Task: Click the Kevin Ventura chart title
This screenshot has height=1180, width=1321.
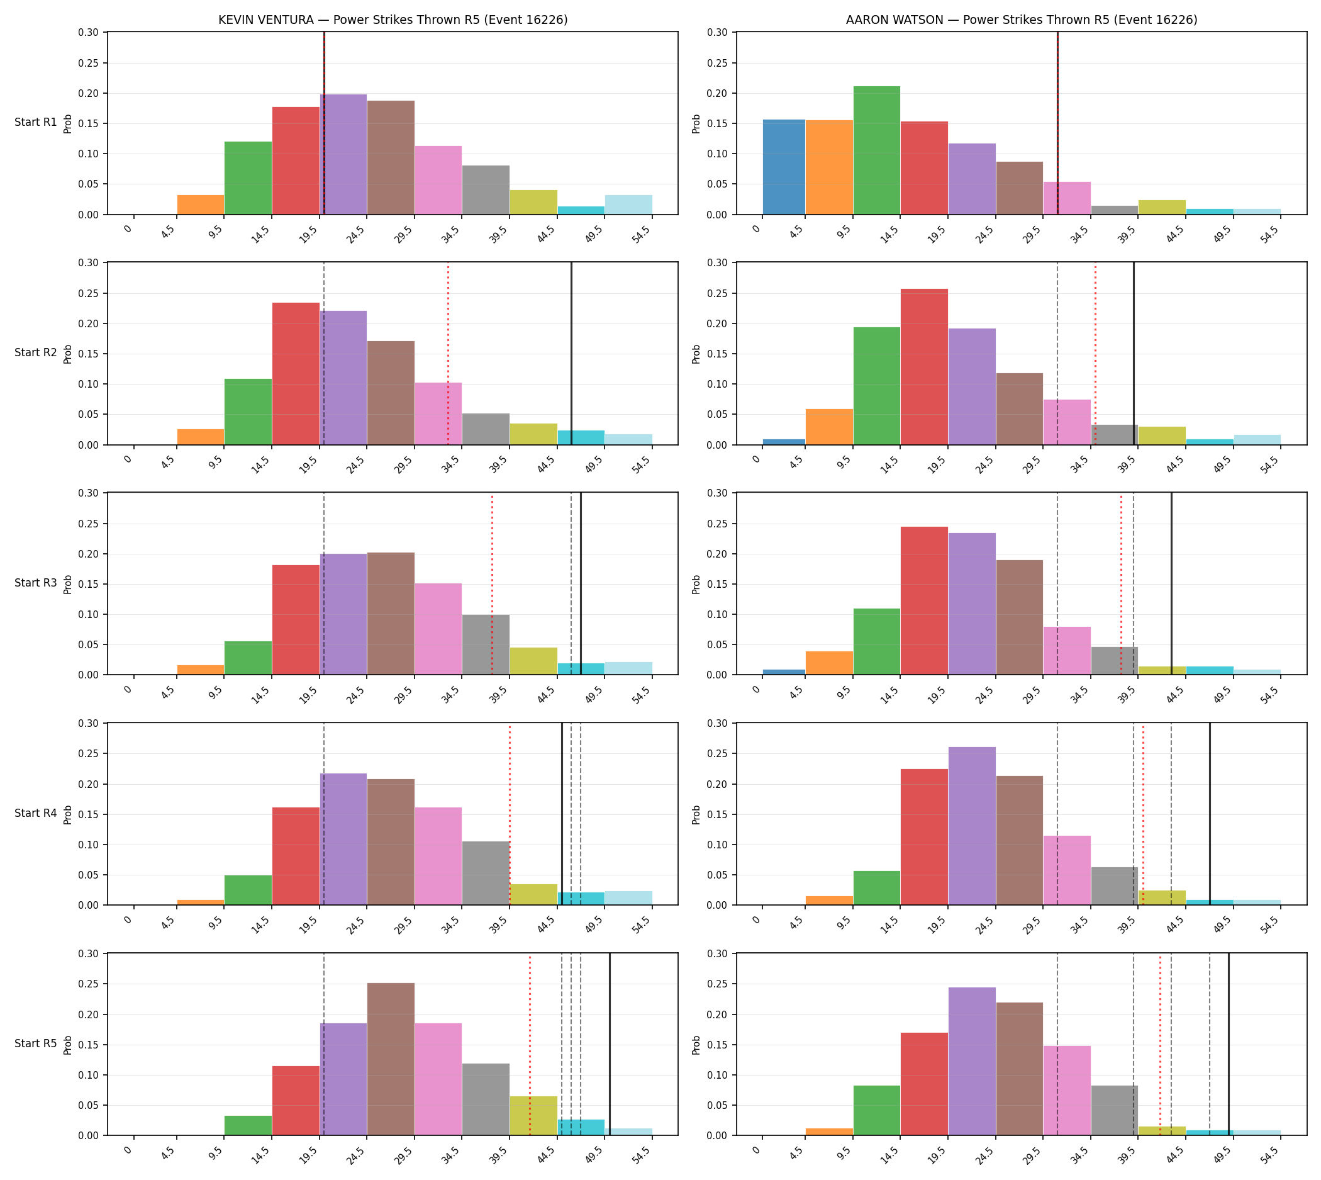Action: coord(393,20)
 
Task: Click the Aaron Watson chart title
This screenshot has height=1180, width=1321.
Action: coord(1022,20)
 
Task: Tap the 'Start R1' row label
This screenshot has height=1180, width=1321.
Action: coord(36,122)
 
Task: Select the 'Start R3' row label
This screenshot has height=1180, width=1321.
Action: coord(36,583)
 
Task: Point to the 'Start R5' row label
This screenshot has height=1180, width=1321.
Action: coord(36,1043)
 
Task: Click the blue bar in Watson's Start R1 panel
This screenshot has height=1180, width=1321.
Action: coord(784,167)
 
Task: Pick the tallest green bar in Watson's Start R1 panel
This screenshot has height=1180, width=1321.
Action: coord(876,150)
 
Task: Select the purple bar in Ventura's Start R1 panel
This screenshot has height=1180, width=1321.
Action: coord(343,154)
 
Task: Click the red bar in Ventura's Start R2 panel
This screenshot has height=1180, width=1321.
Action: coord(296,373)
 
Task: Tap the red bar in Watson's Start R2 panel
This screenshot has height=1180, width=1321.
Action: coord(924,366)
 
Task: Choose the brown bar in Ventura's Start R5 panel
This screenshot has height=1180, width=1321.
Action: coord(391,1059)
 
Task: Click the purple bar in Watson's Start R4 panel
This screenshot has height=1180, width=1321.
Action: coord(972,826)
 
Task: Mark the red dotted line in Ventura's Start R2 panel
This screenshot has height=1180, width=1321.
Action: coord(448,353)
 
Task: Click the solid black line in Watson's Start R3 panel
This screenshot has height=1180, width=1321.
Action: coord(1171,583)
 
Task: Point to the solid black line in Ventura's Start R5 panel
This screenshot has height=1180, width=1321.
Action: coord(610,1044)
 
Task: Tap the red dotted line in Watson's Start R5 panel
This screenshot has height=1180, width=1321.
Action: coord(1160,1044)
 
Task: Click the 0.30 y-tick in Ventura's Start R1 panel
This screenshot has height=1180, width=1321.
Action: coord(89,33)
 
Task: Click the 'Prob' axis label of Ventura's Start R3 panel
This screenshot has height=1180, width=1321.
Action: coord(68,583)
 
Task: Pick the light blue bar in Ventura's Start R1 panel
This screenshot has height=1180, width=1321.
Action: coord(629,205)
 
